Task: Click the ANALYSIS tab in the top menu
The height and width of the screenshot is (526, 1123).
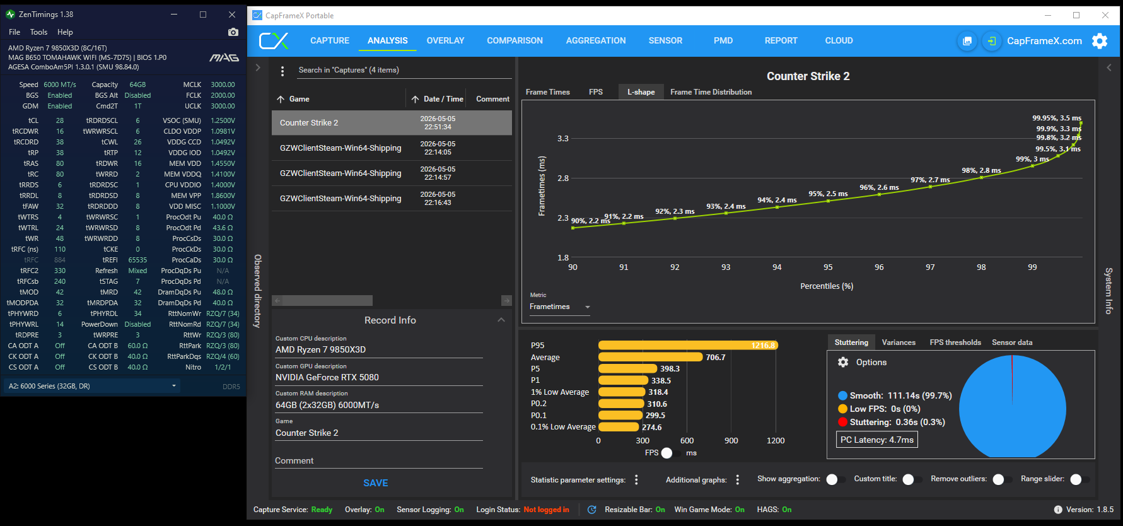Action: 387,40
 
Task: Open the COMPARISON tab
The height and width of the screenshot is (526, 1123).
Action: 515,40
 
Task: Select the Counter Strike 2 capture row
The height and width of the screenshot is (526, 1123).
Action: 392,123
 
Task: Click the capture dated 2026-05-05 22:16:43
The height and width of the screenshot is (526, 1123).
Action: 392,199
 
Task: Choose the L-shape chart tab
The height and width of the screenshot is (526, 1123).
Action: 641,92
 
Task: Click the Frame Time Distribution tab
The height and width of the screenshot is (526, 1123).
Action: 711,92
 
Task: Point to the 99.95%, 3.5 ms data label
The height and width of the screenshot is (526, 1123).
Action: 1056,118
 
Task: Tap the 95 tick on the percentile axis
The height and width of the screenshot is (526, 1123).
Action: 828,267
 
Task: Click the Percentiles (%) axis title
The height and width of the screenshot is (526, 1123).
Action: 827,286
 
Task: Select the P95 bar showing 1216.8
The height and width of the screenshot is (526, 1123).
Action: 688,346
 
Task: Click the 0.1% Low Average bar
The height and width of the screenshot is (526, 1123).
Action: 619,427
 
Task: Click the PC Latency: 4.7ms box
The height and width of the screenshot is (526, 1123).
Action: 876,440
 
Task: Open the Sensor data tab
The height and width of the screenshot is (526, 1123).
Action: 1012,342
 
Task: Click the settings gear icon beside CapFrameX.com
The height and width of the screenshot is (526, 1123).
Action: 1100,41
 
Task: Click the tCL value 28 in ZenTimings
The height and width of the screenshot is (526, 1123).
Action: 60,120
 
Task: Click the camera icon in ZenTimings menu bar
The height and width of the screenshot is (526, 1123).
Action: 233,32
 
